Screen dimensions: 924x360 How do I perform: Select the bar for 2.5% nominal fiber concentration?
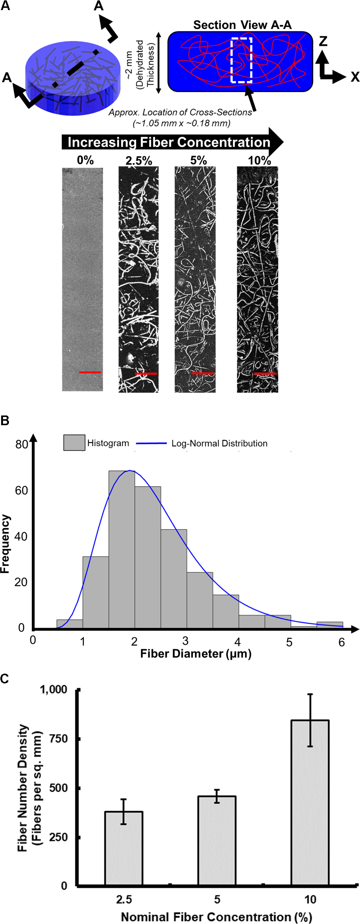coord(124,848)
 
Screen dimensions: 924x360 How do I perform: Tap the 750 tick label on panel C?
coord(59,739)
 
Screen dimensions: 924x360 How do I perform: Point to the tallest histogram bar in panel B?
coord(122,549)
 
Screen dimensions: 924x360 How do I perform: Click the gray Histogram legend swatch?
coord(74,443)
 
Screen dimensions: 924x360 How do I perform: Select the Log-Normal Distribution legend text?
coord(219,444)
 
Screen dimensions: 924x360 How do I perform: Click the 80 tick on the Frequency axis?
coord(21,444)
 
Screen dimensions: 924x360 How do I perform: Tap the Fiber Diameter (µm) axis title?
coord(196,653)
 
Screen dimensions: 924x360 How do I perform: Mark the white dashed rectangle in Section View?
coord(242,60)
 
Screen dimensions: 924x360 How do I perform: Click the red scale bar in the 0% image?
coord(90,372)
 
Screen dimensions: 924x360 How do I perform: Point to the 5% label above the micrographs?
coord(198,160)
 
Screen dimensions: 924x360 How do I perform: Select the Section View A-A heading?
coord(242,25)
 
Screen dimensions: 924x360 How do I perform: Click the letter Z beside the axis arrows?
coord(323,41)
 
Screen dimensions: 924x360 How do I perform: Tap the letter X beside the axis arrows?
coord(355,77)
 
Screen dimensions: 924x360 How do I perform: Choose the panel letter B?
coord(5,421)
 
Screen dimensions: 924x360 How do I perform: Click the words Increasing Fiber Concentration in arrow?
coord(169,142)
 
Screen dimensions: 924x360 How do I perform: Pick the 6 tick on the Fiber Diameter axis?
coord(341,642)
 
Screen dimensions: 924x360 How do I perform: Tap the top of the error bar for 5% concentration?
coord(217,790)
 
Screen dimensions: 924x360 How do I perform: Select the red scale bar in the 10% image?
coord(265,373)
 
